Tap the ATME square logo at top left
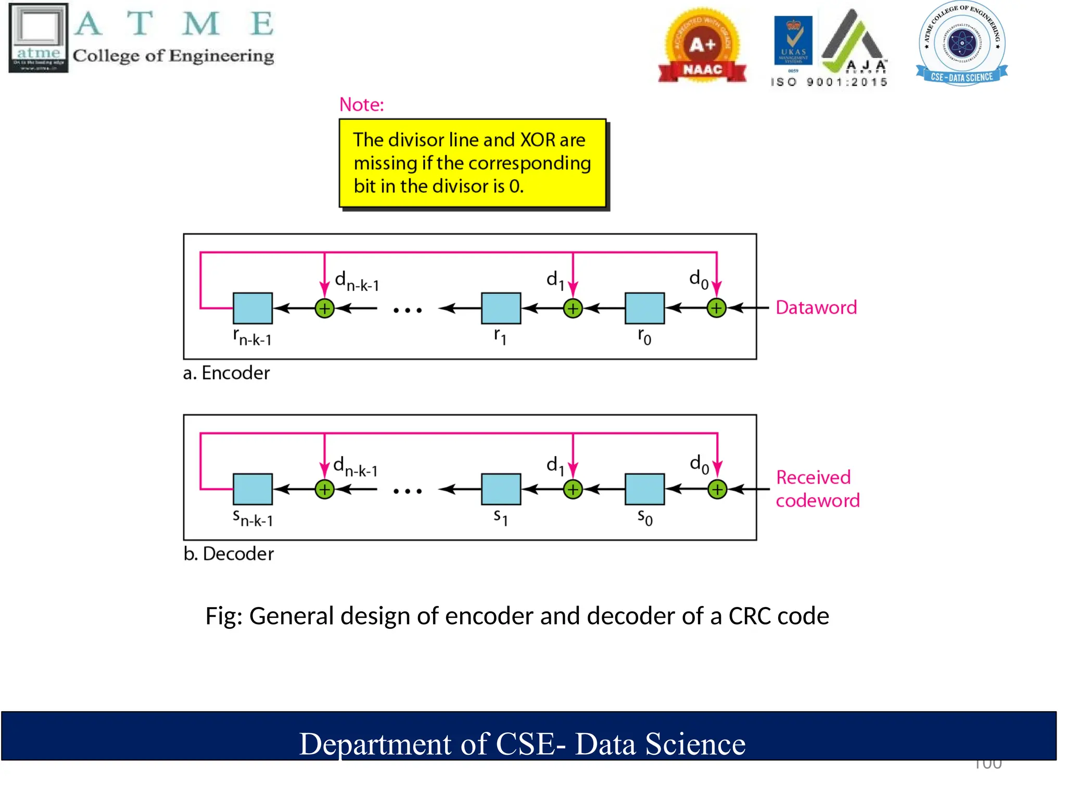39,37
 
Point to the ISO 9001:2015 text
829,82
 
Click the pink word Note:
361,105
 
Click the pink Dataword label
816,307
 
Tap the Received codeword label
817,488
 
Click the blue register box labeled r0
644,308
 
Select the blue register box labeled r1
501,308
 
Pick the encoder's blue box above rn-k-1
252,308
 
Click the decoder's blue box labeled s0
644,489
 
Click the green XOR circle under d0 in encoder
716,308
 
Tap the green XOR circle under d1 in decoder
573,489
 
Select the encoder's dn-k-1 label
357,281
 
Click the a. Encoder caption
226,373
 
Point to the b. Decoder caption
228,553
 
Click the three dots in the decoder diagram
407,491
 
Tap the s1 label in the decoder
500,517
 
